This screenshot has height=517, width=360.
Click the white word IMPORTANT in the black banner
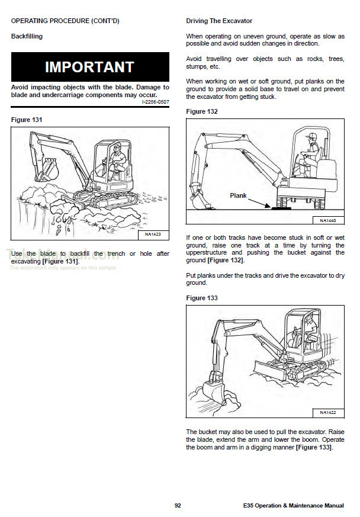pyautogui.click(x=89, y=67)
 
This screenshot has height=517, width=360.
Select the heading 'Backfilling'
pyautogui.click(x=27, y=36)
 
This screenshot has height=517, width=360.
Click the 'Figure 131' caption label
pyautogui.click(x=27, y=120)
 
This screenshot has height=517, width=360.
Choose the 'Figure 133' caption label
pyautogui.click(x=202, y=298)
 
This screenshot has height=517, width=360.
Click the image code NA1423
pyautogui.click(x=153, y=235)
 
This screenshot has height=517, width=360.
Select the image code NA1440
pyautogui.click(x=328, y=220)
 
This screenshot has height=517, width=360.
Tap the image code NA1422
pyautogui.click(x=328, y=412)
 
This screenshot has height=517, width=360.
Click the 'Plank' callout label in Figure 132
pyautogui.click(x=238, y=195)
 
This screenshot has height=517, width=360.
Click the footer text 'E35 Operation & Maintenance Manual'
pyautogui.click(x=293, y=505)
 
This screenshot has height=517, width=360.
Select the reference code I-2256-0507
pyautogui.click(x=155, y=102)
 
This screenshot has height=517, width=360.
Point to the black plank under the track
pyautogui.click(x=281, y=207)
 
